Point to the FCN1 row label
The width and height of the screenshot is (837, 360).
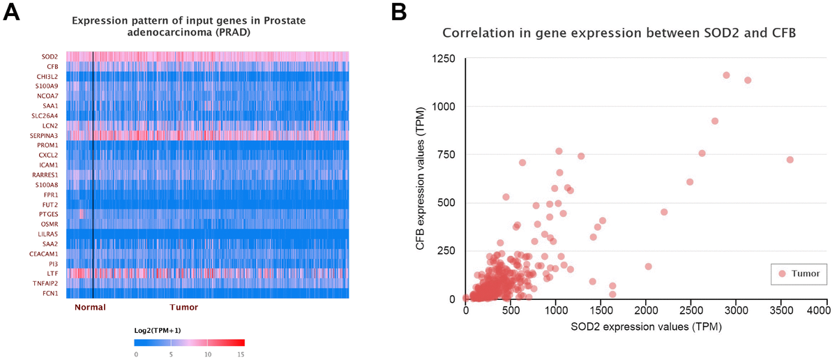[51, 294]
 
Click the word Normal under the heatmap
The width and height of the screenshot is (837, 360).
[89, 307]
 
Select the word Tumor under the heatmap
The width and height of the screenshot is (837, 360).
[184, 307]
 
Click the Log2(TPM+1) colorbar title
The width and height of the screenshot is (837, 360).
[159, 329]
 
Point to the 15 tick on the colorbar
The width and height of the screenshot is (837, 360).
[241, 354]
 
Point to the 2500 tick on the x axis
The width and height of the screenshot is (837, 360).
[691, 309]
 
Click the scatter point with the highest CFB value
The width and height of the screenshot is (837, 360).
[726, 75]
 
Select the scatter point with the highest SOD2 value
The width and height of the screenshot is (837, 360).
[790, 160]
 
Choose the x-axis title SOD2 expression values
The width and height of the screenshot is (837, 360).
[635, 326]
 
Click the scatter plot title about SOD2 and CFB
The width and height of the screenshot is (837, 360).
[618, 33]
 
